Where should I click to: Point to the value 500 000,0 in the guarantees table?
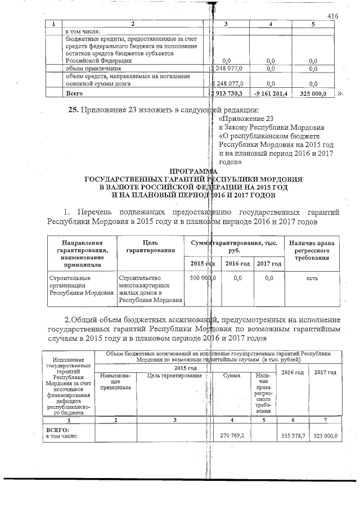(203, 278)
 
